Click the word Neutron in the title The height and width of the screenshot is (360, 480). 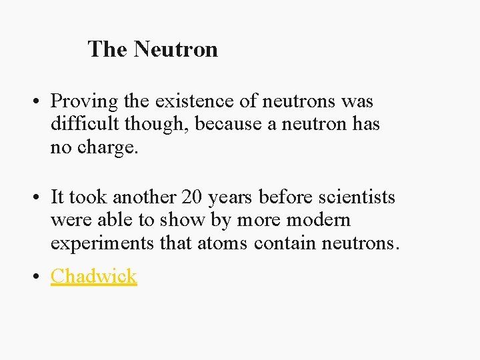coord(175,49)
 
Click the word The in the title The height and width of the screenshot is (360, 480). coord(108,49)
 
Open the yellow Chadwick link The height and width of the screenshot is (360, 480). coord(94,276)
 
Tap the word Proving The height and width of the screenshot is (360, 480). coord(84,102)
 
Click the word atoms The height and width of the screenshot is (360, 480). coord(223,243)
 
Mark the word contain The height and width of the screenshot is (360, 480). coord(285,243)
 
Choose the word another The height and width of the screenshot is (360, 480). coord(144,197)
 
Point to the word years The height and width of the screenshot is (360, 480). coord(230,198)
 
